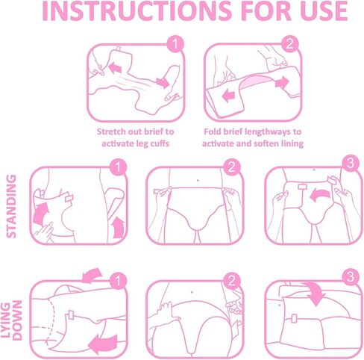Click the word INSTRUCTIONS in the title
tap(136, 11)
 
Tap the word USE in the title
tap(324, 11)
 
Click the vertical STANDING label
tap(11, 206)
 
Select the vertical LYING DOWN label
tap(12, 320)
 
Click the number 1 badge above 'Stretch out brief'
tap(175, 44)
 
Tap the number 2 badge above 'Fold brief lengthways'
tap(290, 44)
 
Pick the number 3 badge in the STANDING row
tap(351, 164)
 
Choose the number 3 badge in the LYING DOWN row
tap(351, 277)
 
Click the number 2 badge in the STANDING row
tap(232, 167)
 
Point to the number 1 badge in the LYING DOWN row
tap(118, 281)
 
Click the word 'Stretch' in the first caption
tap(110, 131)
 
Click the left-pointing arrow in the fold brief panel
tap(228, 96)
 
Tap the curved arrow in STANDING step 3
tap(321, 194)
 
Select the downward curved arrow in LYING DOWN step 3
tap(316, 293)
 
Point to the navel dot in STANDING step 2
tap(198, 180)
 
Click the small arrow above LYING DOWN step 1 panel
tap(92, 276)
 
